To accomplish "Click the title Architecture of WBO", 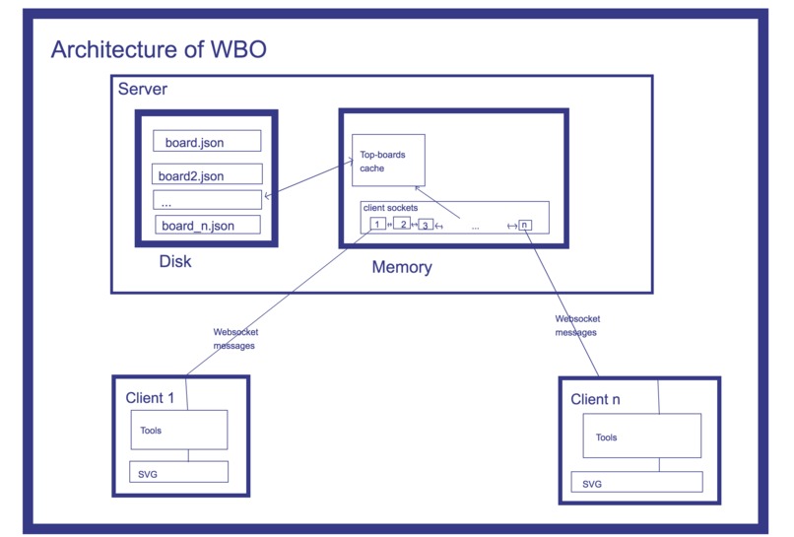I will click(158, 49).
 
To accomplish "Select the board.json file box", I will click(207, 141).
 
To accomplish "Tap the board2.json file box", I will click(207, 175).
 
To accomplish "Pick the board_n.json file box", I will click(208, 225).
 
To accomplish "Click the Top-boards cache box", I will click(388, 161).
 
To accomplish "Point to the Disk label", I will click(175, 262).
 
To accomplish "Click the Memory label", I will click(402, 267).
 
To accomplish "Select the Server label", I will click(143, 90).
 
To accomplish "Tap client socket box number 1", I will click(377, 224).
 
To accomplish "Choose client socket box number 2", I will click(402, 224).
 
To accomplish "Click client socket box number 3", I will click(426, 225).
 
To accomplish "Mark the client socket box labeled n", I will click(525, 225).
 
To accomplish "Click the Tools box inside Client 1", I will click(179, 430).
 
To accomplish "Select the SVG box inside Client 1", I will click(178, 472).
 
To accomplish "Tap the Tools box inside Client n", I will click(641, 436).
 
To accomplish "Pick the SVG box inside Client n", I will click(636, 483).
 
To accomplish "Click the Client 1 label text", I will click(150, 398).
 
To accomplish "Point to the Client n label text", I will click(595, 399).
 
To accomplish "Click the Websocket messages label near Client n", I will click(577, 326).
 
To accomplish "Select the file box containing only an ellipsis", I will click(207, 200).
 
